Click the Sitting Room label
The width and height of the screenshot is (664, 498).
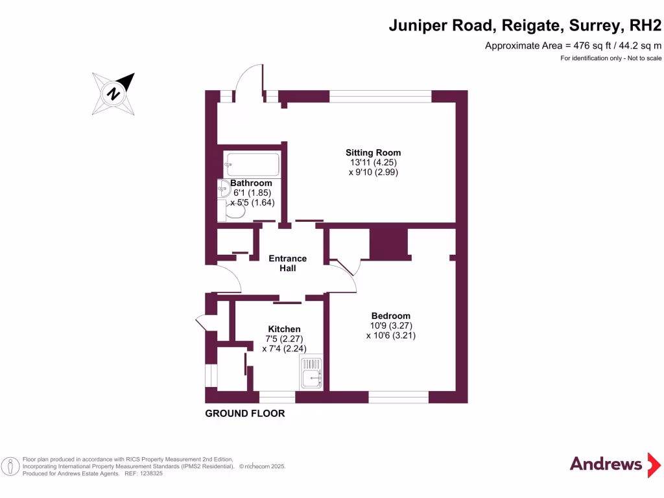(373, 152)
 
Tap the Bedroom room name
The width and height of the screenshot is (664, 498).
(391, 316)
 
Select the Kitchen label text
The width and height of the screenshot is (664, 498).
(284, 329)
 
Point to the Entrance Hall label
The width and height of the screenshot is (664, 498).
(287, 263)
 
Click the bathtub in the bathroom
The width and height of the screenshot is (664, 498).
(252, 164)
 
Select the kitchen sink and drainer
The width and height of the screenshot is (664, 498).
(311, 372)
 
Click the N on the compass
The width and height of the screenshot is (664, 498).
(113, 93)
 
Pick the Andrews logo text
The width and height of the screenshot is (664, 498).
(606, 464)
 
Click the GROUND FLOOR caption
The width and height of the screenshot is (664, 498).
(244, 413)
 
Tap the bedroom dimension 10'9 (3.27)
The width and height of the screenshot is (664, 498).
(391, 326)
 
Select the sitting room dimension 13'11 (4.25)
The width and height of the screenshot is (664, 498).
(373, 162)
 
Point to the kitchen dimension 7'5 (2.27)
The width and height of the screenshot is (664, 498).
(284, 338)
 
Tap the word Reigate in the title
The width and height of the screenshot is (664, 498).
(532, 25)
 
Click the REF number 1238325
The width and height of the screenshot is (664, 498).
(151, 473)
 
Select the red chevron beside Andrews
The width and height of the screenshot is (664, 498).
(654, 465)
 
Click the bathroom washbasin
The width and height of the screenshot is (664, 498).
(223, 189)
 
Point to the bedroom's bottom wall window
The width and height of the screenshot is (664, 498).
(399, 397)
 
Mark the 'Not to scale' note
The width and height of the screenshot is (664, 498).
(644, 58)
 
